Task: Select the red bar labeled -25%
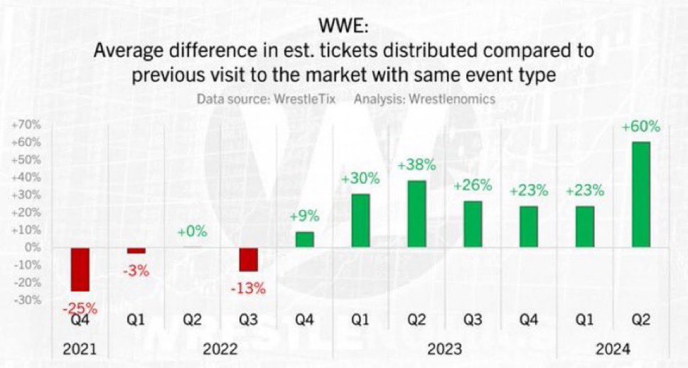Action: pyautogui.click(x=80, y=269)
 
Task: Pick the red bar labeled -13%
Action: pyautogui.click(x=248, y=259)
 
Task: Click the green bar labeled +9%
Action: pyautogui.click(x=304, y=239)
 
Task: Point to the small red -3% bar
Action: pyautogui.click(x=136, y=251)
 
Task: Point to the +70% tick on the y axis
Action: pyautogui.click(x=25, y=125)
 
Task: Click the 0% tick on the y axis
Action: pyautogui.click(x=31, y=248)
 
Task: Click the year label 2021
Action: pyautogui.click(x=79, y=349)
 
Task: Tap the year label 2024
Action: pyautogui.click(x=613, y=349)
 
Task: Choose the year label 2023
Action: pyautogui.click(x=444, y=349)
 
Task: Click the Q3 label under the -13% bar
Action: pyautogui.click(x=248, y=320)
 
